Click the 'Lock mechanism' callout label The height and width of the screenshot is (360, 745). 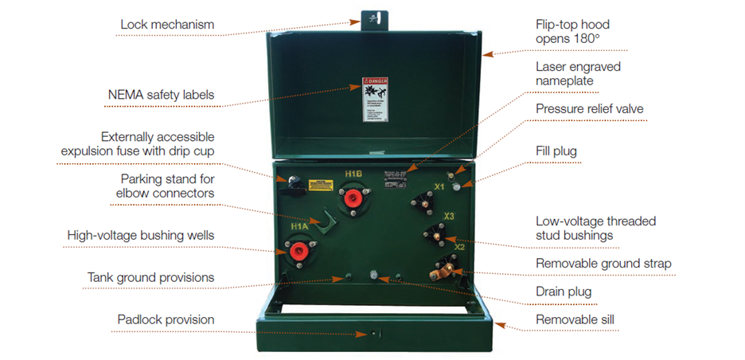click(167, 25)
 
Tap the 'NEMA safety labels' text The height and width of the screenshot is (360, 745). click(161, 96)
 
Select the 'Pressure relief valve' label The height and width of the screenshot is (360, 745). click(589, 108)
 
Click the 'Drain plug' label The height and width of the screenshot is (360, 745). click(564, 292)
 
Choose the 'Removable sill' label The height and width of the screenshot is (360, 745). click(575, 320)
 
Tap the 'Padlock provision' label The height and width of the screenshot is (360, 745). click(166, 319)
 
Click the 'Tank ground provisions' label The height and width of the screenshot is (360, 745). click(150, 277)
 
